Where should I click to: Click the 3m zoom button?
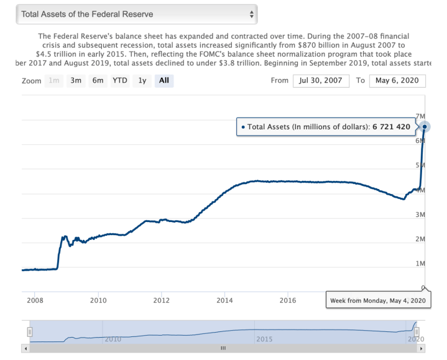(76, 80)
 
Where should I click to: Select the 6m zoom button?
(98, 80)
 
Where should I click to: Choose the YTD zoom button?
(119, 80)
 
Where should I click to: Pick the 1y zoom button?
(142, 80)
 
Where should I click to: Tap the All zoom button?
(164, 80)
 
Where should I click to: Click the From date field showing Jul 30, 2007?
(321, 81)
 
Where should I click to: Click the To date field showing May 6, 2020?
(397, 81)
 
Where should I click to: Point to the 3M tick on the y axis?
(419, 215)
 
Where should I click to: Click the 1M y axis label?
(419, 264)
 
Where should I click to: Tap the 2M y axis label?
(419, 239)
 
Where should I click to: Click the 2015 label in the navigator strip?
(264, 339)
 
